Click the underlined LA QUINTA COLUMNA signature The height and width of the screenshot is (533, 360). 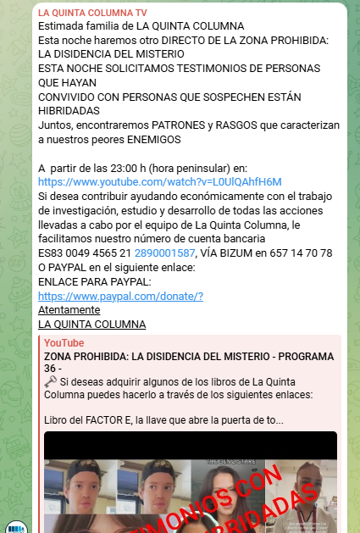92,324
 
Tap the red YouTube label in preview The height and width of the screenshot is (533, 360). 64,342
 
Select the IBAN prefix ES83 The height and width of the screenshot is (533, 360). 51,253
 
